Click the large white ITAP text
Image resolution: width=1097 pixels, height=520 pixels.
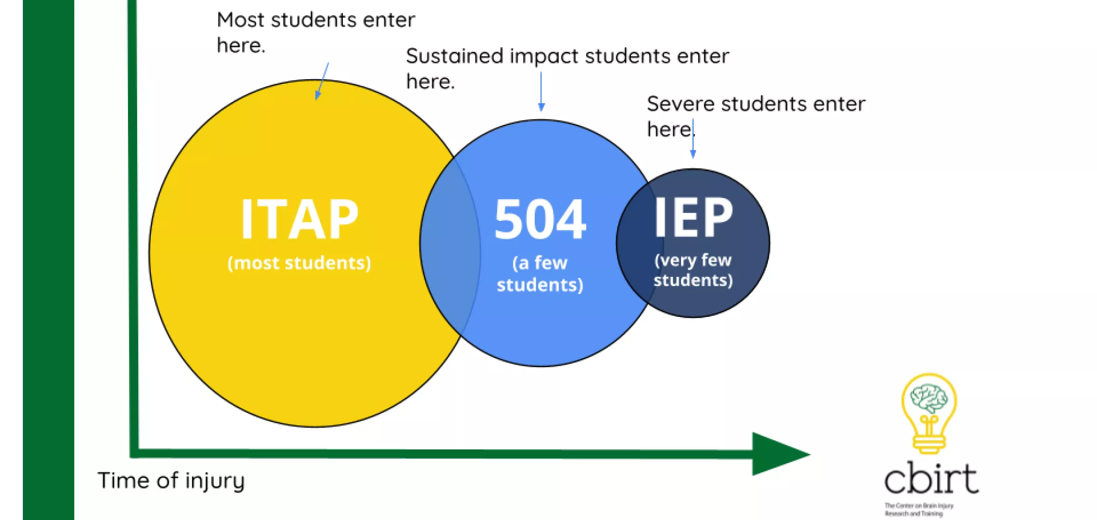[299, 219]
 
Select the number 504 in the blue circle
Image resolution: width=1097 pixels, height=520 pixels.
[540, 219]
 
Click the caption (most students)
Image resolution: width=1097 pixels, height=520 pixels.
[299, 263]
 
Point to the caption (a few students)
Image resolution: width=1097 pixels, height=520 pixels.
[540, 274]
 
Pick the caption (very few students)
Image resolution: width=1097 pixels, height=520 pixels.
[693, 270]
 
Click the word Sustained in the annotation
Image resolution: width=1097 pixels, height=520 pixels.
[455, 56]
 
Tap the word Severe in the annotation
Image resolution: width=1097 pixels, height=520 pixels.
[680, 104]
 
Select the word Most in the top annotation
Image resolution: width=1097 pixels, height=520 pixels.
[241, 20]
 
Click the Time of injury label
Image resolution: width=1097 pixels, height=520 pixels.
[171, 480]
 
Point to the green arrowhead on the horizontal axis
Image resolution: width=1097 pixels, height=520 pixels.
[777, 454]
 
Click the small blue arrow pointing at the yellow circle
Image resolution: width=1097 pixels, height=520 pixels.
[321, 81]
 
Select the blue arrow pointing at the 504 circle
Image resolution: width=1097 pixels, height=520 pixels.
[541, 91]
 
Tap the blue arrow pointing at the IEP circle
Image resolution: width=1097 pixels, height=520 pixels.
[693, 140]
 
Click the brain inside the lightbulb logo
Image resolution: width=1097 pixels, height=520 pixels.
[929, 398]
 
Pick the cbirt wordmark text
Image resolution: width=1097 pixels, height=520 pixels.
[931, 478]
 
